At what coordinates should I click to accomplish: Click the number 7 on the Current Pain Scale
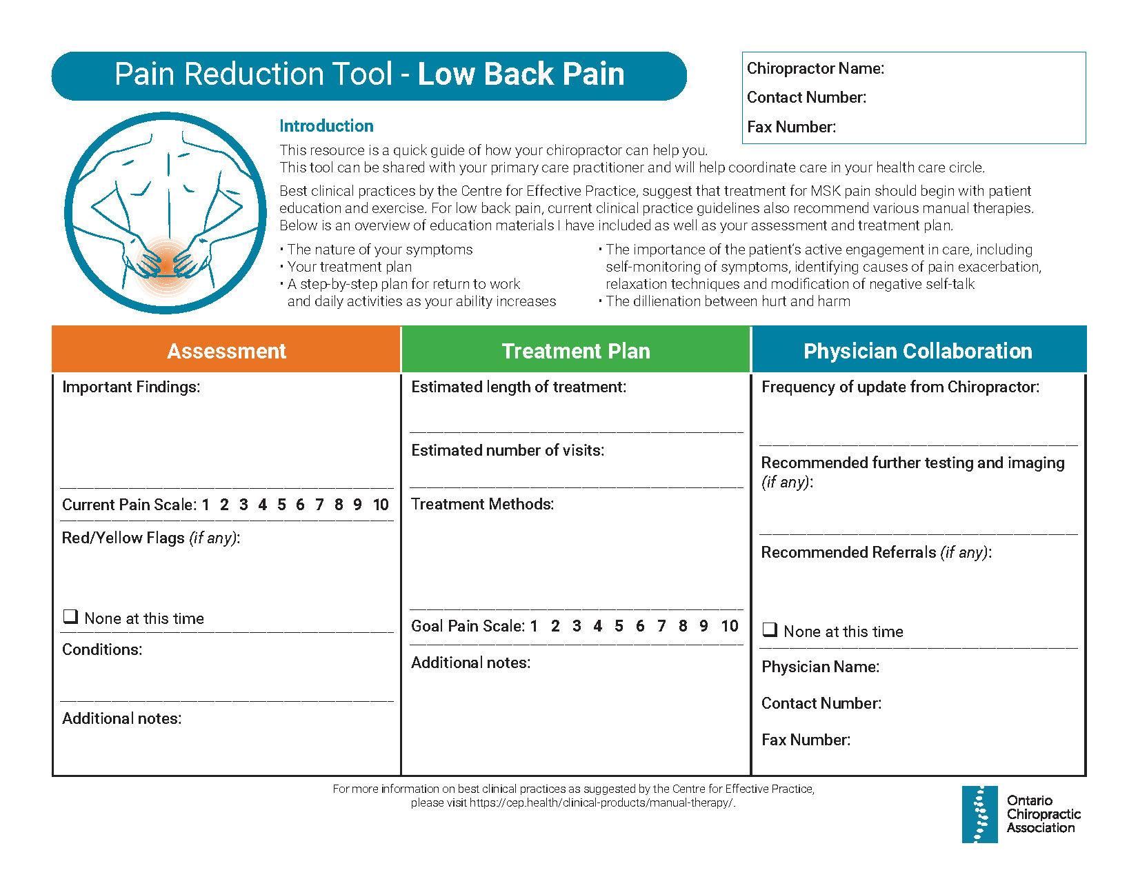[319, 505]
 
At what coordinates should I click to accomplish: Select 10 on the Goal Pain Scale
[730, 626]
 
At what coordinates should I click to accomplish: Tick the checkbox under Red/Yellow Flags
[70, 616]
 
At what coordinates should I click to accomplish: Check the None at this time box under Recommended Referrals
[770, 629]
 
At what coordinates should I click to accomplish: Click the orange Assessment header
[226, 351]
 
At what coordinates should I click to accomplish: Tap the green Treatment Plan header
[576, 351]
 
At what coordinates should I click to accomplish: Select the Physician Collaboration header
[918, 351]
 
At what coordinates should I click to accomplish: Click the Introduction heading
[326, 126]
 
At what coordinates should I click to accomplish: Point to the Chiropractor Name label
[815, 68]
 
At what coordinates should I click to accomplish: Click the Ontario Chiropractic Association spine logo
[979, 814]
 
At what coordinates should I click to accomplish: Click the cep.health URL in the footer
[601, 803]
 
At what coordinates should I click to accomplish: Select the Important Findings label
[131, 387]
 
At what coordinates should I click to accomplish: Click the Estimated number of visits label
[508, 450]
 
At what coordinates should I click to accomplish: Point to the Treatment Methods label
[483, 504]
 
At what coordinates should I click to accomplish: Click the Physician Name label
[820, 667]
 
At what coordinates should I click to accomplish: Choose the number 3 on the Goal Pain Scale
[577, 626]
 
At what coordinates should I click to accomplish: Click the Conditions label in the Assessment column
[102, 649]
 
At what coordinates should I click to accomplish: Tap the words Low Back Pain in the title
[521, 74]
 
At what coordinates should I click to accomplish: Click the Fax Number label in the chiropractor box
[791, 127]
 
